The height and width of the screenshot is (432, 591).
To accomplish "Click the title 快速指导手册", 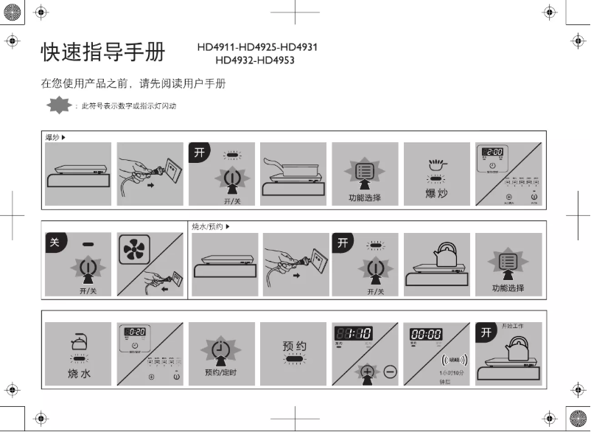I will (103, 53).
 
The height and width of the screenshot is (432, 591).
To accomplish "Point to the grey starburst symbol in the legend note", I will (58, 106).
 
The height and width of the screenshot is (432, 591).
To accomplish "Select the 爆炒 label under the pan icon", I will (437, 194).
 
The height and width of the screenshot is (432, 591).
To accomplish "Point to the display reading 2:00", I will (494, 152).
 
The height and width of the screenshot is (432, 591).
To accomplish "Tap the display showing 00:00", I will (426, 334).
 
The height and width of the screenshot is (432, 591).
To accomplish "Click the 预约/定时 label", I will (221, 373).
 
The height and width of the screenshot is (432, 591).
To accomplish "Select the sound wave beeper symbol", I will (453, 360).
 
